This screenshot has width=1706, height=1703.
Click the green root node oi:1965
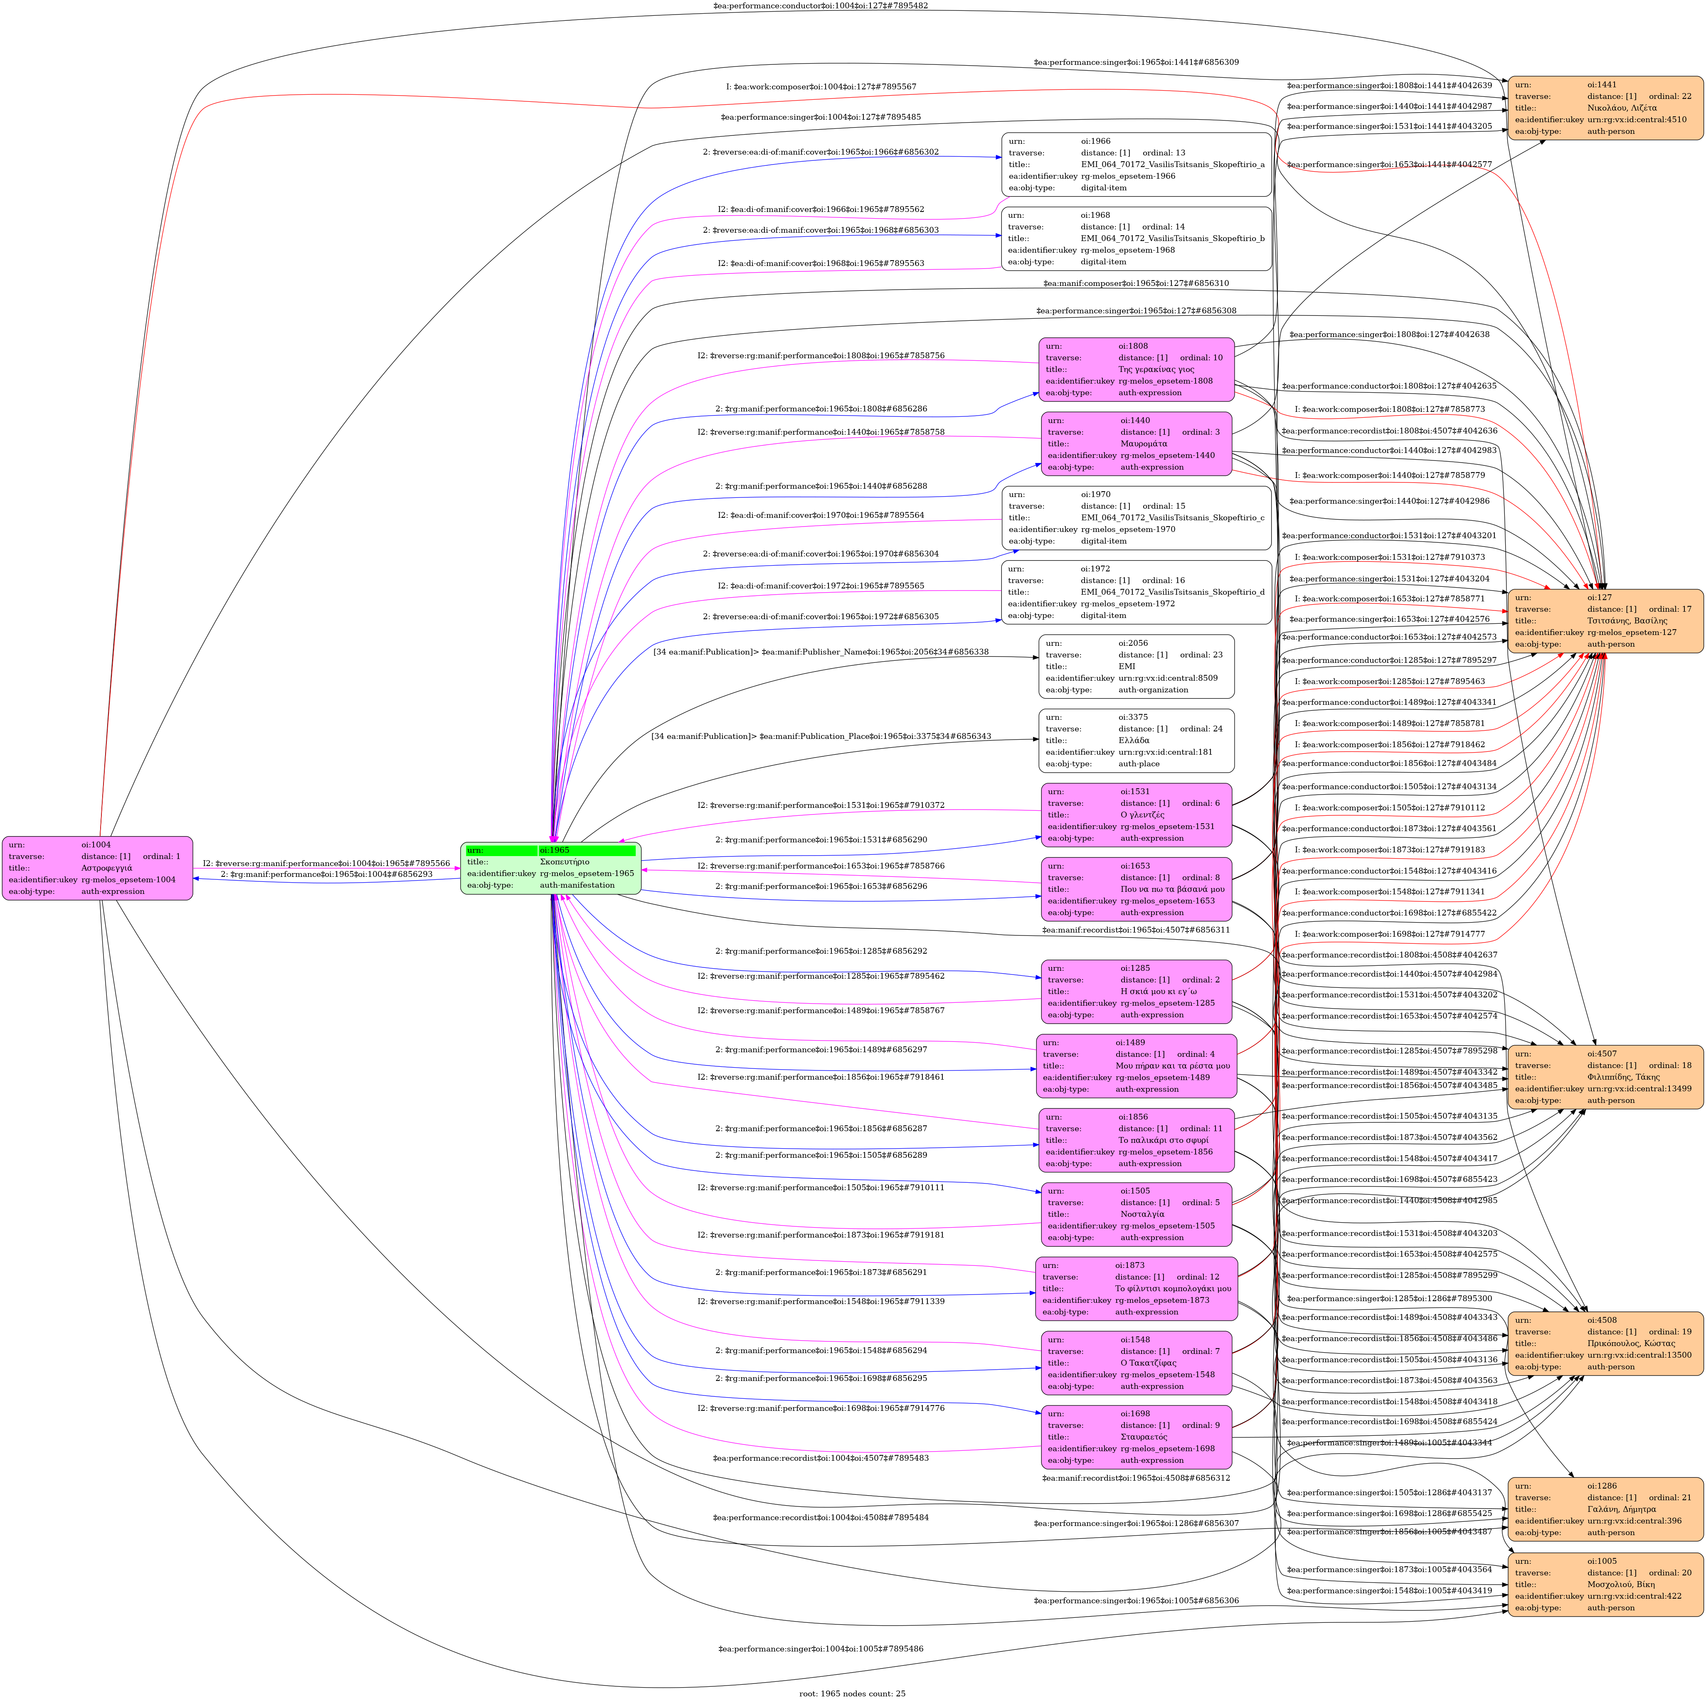tap(550, 868)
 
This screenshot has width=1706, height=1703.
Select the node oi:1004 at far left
tap(97, 868)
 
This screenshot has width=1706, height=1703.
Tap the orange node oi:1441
tap(1605, 108)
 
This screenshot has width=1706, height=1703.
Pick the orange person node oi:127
tap(1605, 620)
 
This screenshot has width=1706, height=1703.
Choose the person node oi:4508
tap(1605, 1343)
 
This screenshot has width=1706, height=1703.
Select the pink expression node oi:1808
tap(1137, 369)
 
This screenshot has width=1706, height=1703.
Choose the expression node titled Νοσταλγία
tap(1137, 1214)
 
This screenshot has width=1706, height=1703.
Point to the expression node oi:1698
tap(1137, 1436)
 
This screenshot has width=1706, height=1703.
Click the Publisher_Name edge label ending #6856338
tap(820, 652)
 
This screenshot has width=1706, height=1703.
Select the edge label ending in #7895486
tap(820, 1648)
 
